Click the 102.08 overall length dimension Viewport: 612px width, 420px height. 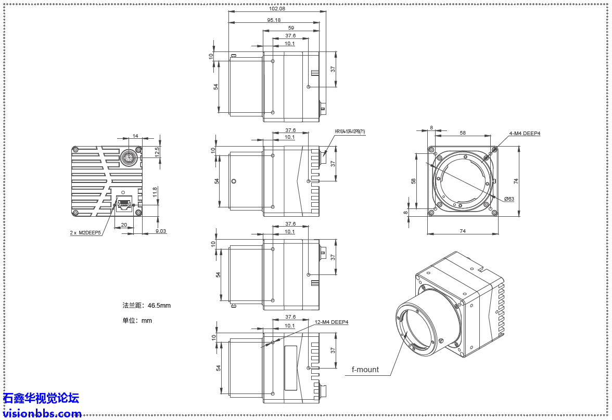tap(276, 8)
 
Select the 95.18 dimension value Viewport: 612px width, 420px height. tap(274, 20)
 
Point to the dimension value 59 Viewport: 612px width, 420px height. tap(291, 28)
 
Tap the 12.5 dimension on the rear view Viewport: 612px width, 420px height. tap(158, 152)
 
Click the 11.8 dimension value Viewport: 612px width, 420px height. tap(155, 192)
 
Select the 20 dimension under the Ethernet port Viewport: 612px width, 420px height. tap(124, 225)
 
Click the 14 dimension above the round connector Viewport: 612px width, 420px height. tap(135, 136)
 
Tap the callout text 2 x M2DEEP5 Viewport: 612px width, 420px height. tap(86, 233)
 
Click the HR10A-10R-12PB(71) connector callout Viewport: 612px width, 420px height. tap(350, 132)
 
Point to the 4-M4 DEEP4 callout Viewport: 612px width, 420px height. tap(525, 134)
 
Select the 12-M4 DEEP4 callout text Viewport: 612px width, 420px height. tap(331, 322)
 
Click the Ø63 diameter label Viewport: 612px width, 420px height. tap(509, 199)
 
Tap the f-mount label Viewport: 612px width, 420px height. tap(365, 370)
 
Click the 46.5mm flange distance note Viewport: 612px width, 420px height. tap(146, 305)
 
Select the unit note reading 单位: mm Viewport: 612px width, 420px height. tap(137, 320)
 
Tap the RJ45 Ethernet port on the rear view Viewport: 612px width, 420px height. tap(124, 204)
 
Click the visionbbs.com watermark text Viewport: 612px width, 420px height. tap(42, 414)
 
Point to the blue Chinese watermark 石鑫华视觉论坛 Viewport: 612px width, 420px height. tap(41, 399)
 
